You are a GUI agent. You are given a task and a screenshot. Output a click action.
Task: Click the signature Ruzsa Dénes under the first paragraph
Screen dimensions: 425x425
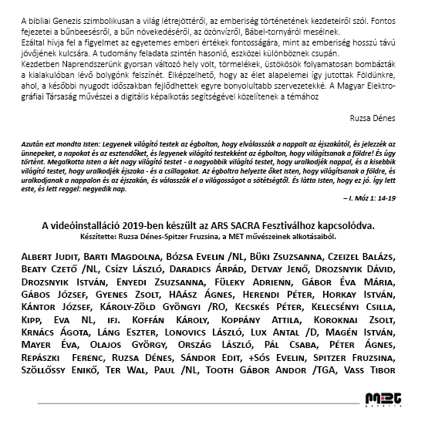click(x=373, y=119)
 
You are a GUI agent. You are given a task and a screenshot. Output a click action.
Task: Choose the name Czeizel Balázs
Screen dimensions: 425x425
click(x=362, y=255)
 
